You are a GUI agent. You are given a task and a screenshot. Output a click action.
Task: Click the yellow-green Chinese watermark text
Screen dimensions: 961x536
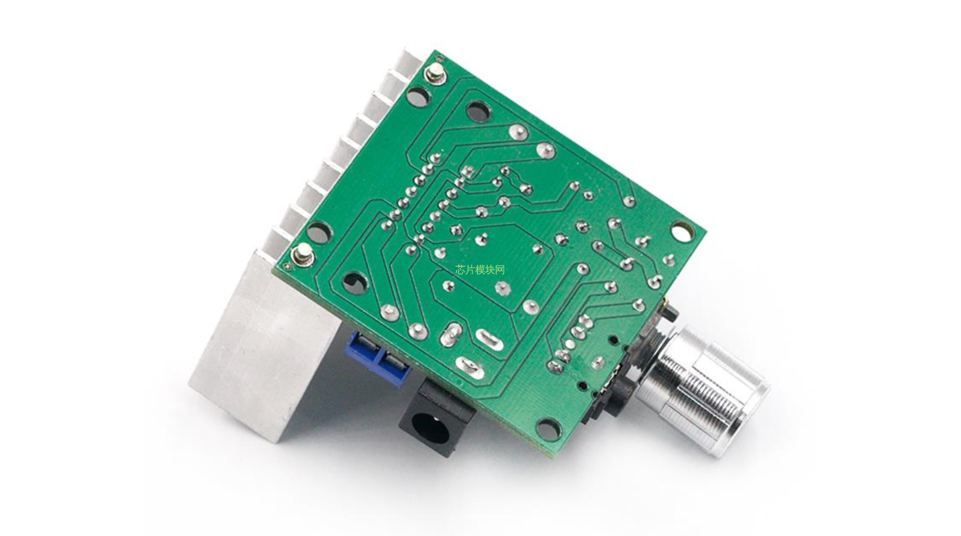(480, 269)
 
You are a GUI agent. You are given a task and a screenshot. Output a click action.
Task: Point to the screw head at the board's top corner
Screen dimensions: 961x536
(436, 73)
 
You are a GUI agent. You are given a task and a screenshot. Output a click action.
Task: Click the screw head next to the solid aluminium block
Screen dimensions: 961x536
(301, 255)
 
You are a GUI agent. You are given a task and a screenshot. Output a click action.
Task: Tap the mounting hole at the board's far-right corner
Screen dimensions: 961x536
(681, 231)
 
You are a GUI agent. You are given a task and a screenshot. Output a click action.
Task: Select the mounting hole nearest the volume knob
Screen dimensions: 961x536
(548, 428)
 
